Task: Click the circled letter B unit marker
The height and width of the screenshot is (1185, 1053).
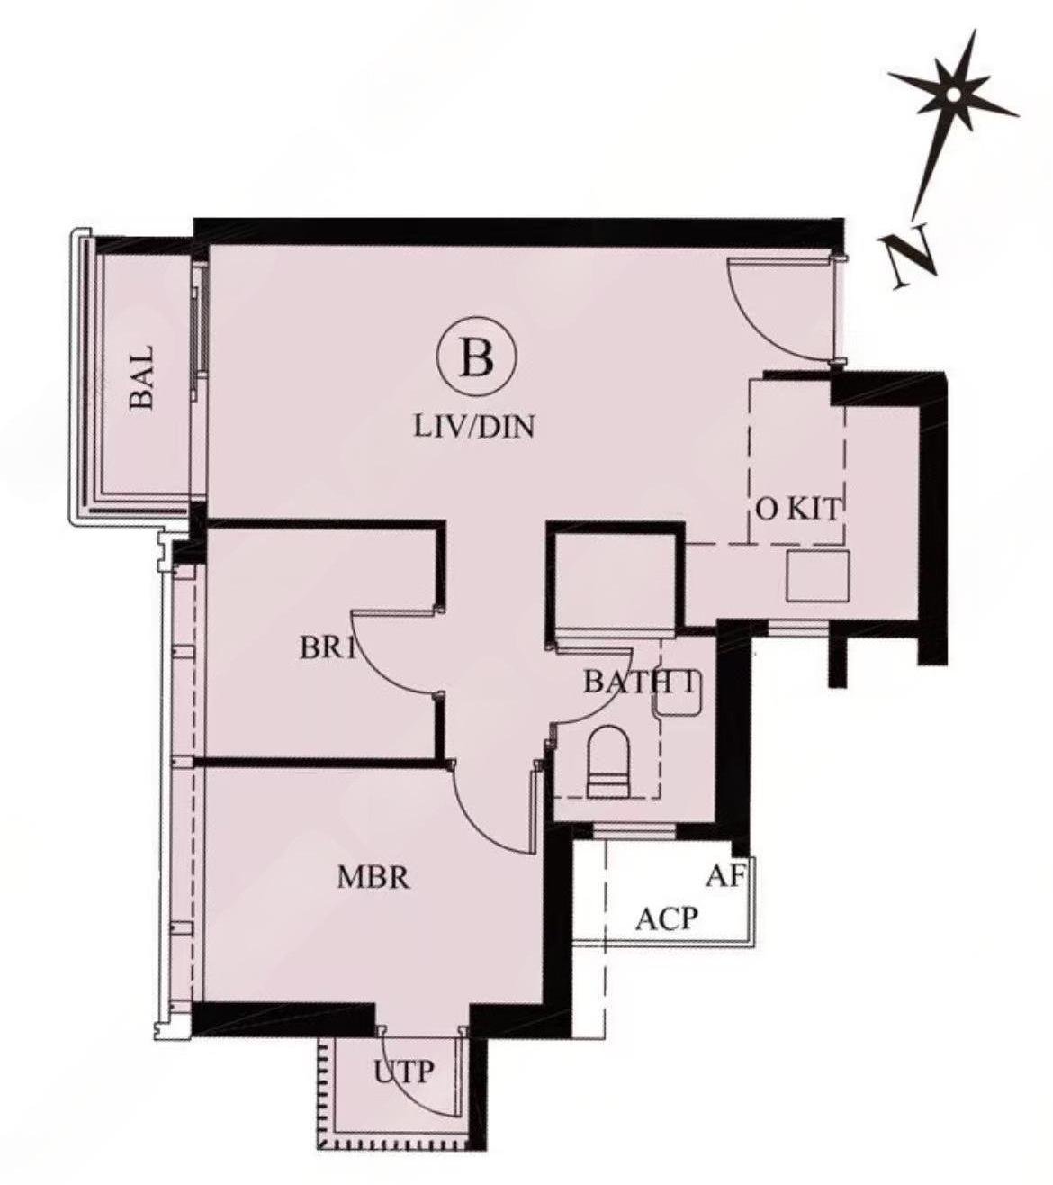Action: [477, 358]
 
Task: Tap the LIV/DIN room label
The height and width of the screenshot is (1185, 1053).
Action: [474, 428]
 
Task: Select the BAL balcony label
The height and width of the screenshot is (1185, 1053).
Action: [142, 378]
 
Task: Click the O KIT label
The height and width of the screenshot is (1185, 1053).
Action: [798, 510]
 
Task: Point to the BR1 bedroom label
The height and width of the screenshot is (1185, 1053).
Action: [328, 648]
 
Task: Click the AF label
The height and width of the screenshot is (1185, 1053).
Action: [726, 876]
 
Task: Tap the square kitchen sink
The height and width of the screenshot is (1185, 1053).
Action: [817, 576]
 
